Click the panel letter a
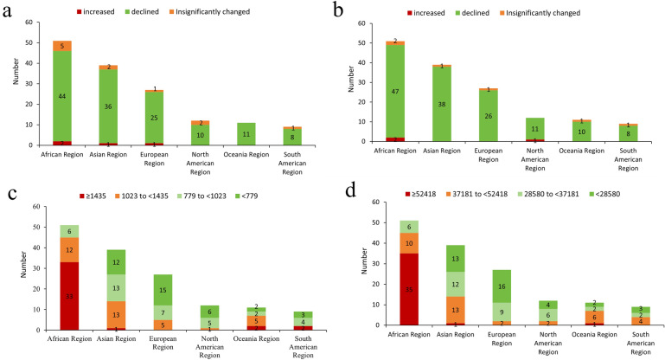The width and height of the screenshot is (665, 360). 11,12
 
